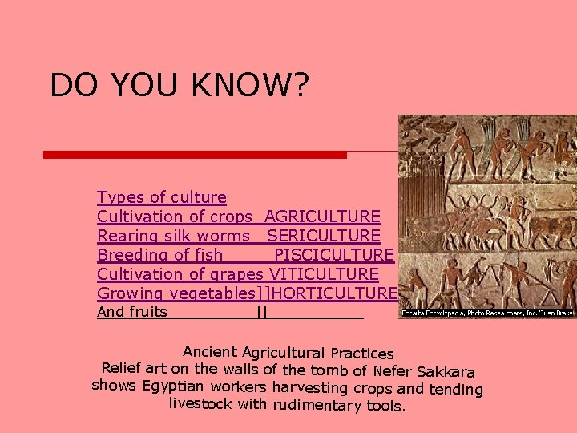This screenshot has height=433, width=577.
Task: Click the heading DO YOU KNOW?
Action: click(x=179, y=85)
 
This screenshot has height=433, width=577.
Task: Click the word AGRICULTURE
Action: click(x=322, y=216)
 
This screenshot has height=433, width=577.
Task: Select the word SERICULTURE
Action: click(x=324, y=236)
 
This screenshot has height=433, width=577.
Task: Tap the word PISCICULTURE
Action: click(x=334, y=255)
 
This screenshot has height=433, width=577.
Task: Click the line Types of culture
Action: click(x=161, y=197)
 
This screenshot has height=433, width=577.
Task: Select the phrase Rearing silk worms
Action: click(x=173, y=236)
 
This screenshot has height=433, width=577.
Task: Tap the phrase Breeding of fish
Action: click(x=159, y=255)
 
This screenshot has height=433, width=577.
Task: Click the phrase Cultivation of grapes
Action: click(x=180, y=274)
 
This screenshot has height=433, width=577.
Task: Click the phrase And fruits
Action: click(x=131, y=312)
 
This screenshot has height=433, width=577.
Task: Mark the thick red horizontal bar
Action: click(x=195, y=154)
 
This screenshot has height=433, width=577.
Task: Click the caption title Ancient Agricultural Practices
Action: click(x=288, y=352)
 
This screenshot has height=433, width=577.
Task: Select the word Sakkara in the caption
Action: click(x=446, y=372)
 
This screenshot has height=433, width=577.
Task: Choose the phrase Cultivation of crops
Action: click(x=175, y=216)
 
